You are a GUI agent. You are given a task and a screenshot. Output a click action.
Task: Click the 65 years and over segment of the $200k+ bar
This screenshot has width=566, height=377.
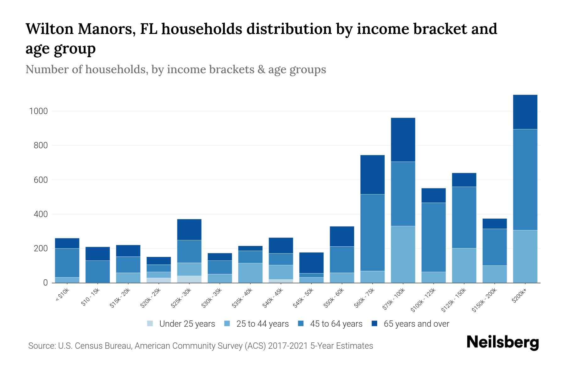(x=525, y=112)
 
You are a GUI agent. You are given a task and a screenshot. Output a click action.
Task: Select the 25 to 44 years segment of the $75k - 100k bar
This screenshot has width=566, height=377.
(x=403, y=254)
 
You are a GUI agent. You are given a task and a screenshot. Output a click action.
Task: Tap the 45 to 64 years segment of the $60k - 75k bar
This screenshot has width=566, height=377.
(x=372, y=232)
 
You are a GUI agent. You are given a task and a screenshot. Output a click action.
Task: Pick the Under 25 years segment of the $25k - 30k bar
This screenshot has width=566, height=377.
(x=189, y=279)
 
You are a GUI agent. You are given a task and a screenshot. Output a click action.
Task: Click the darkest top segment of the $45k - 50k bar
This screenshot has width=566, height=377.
(x=311, y=263)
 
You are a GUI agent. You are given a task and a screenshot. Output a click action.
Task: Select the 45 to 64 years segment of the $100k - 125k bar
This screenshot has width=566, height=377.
(x=433, y=237)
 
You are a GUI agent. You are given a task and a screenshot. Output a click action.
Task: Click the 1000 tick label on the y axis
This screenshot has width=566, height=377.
(x=38, y=111)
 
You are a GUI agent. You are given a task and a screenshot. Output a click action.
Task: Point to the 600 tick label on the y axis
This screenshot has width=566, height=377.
(x=41, y=180)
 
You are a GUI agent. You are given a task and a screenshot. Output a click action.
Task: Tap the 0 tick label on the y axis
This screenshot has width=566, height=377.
(x=46, y=283)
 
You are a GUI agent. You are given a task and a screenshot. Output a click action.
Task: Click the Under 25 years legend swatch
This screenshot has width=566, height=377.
(x=150, y=324)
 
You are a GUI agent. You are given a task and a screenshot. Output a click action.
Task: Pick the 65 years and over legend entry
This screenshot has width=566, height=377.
(x=416, y=324)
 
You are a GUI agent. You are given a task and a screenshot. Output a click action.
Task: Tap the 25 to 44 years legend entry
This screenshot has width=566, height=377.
(x=262, y=324)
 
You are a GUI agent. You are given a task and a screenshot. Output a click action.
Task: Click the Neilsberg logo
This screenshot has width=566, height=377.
(x=502, y=342)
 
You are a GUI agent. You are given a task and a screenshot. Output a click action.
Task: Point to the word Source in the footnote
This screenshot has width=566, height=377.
(x=41, y=346)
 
